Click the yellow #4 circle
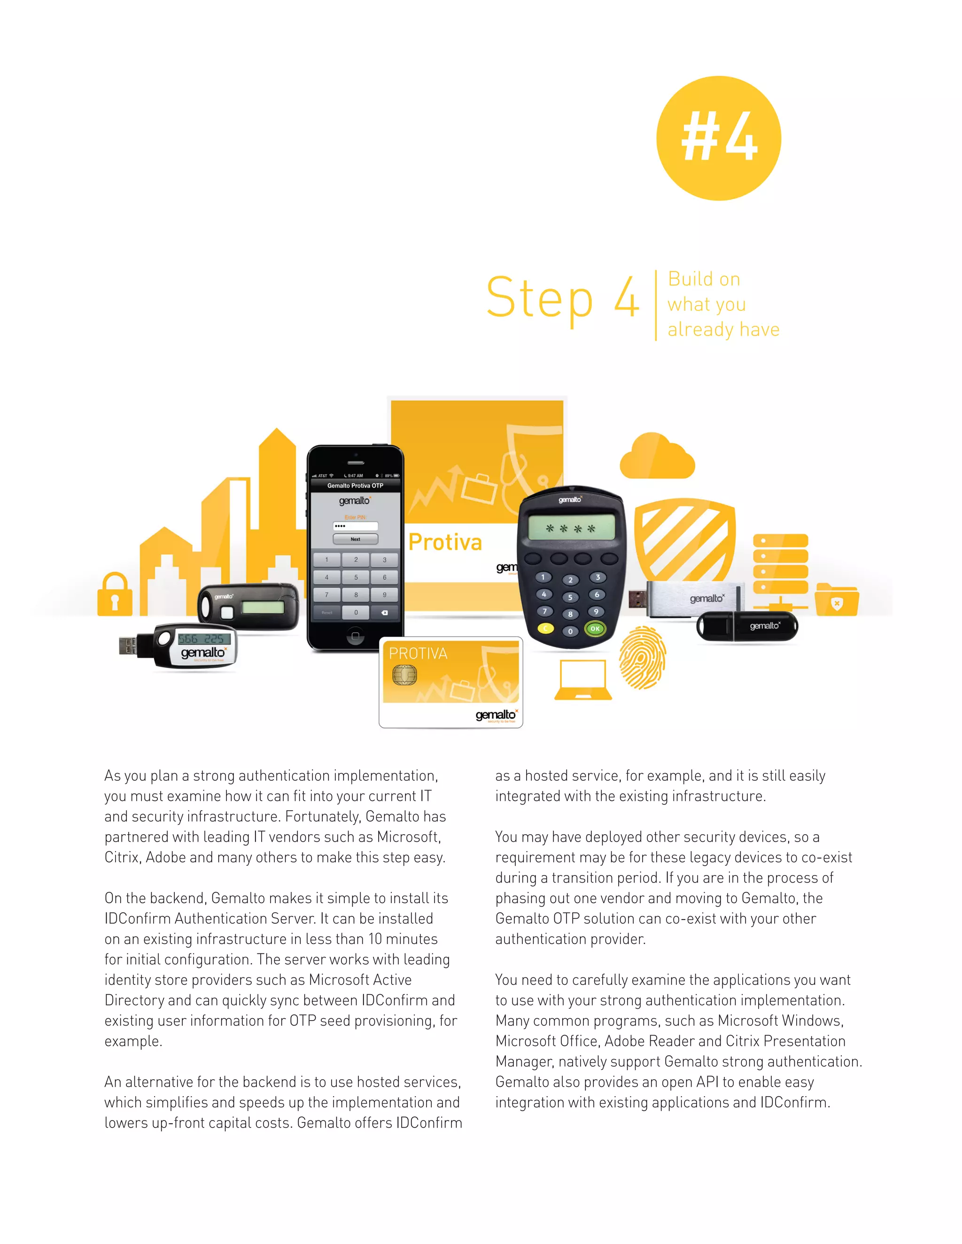point(718,138)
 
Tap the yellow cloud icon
point(657,457)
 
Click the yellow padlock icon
point(115,595)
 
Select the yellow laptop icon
point(582,680)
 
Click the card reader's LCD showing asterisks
point(571,528)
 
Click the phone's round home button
point(355,636)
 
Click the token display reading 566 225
point(203,638)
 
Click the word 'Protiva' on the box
point(445,542)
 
